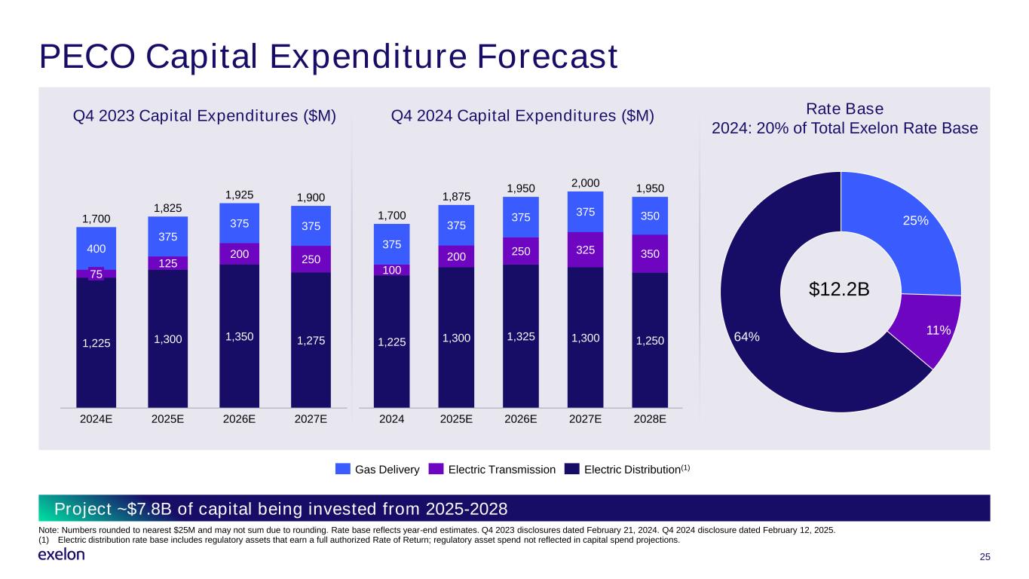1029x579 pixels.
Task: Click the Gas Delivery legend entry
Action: coord(377,470)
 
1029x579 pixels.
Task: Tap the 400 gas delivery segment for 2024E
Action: coord(96,249)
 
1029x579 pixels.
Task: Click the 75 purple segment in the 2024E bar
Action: coord(96,274)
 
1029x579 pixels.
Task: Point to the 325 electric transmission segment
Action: coord(585,249)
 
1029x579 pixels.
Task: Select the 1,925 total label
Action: coord(239,194)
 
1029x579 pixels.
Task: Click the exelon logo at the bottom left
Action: coord(61,556)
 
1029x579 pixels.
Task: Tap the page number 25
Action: coord(984,557)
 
